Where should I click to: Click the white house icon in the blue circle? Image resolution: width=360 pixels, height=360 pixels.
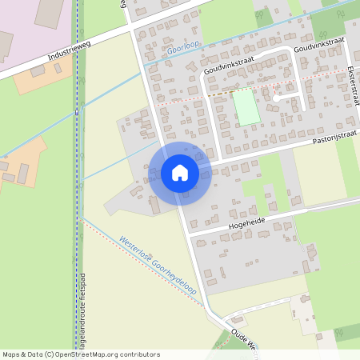[x=180, y=173]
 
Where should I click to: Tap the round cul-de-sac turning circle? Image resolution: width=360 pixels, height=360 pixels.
[x=276, y=98]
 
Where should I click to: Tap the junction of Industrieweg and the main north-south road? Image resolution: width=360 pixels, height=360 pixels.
[x=130, y=30]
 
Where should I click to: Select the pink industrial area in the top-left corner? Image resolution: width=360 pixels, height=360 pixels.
[x=32, y=28]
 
